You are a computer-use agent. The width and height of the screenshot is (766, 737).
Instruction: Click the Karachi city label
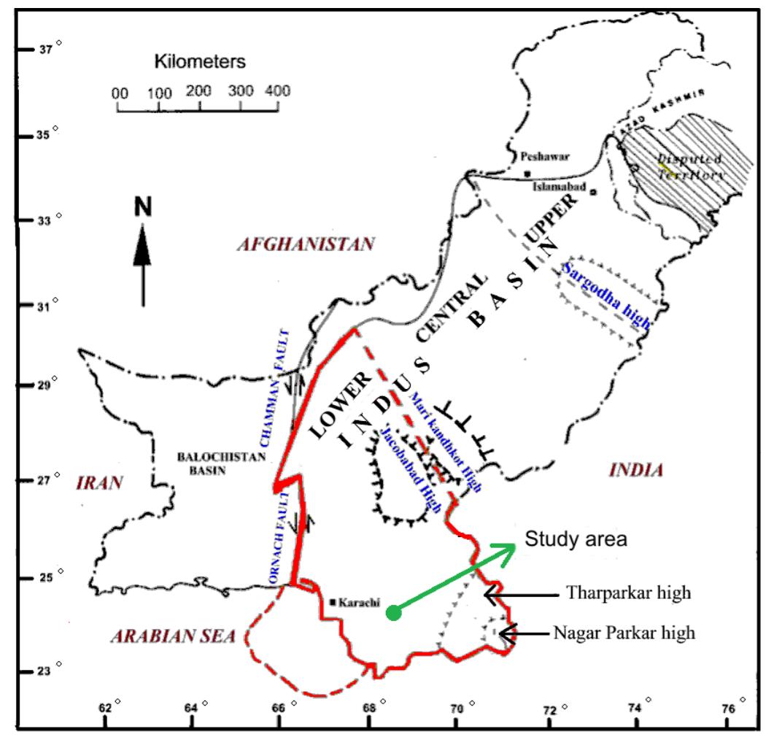click(x=358, y=603)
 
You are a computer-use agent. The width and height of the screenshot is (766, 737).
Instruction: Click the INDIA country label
click(x=636, y=471)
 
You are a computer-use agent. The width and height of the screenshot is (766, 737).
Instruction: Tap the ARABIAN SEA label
click(x=173, y=636)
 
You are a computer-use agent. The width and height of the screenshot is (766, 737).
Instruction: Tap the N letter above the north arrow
click(x=143, y=209)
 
